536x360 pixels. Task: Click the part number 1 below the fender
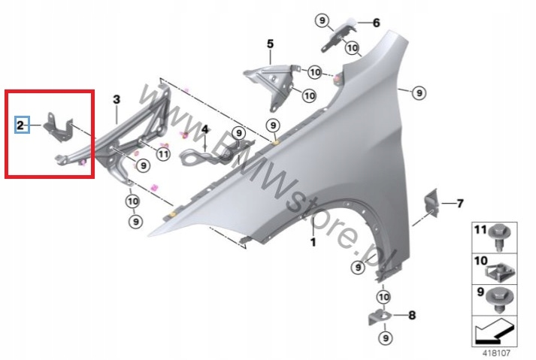(313, 243)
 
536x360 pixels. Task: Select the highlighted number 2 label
(21, 125)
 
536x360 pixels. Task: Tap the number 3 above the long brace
(117, 99)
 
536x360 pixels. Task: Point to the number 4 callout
(204, 129)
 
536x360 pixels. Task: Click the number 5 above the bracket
(270, 46)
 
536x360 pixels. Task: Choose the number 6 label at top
(377, 23)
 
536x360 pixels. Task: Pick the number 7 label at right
(460, 203)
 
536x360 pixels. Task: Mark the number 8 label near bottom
(411, 316)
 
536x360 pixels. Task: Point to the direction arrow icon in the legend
(494, 328)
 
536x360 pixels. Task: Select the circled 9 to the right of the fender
(419, 92)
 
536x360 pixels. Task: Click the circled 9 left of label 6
(323, 20)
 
